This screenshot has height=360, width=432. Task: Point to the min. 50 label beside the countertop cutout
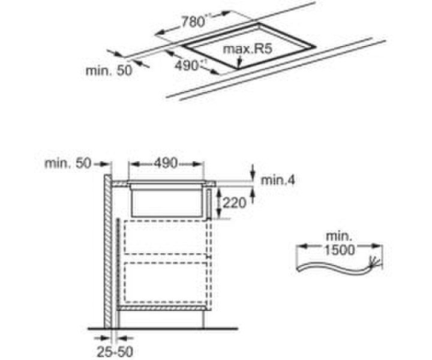click(x=108, y=70)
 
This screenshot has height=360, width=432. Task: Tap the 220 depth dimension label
click(x=234, y=203)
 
